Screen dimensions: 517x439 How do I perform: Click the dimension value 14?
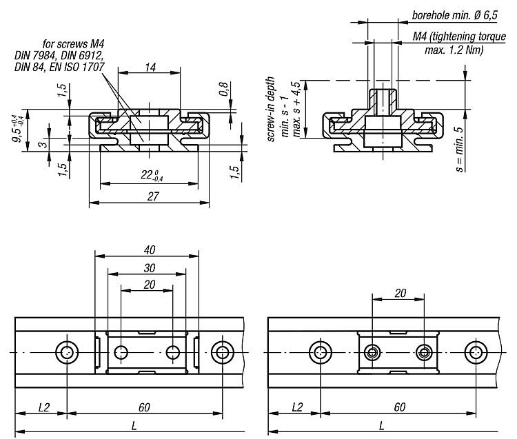click(x=150, y=68)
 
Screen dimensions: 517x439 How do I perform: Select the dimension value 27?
click(x=152, y=196)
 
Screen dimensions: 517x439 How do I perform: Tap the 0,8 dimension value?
click(x=223, y=89)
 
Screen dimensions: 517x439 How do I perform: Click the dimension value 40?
click(x=150, y=249)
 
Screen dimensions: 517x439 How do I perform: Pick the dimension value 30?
click(x=150, y=268)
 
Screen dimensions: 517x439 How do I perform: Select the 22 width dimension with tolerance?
click(x=152, y=175)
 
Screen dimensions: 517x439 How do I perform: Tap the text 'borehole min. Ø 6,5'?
click(x=455, y=15)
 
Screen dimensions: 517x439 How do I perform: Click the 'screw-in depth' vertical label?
click(x=271, y=109)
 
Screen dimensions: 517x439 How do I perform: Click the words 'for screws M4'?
click(x=73, y=44)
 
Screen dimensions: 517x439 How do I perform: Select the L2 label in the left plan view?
click(x=43, y=407)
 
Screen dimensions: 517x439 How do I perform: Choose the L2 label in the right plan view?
click(x=297, y=407)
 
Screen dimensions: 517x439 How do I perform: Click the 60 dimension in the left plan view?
click(x=144, y=407)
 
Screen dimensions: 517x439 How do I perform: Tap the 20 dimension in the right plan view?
click(x=401, y=293)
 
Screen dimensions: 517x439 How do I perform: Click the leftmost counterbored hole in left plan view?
click(x=67, y=352)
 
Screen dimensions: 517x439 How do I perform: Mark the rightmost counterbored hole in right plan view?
click(x=476, y=352)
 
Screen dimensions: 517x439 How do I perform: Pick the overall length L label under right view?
click(x=381, y=426)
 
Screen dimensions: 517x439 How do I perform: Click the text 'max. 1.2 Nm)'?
click(x=454, y=50)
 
